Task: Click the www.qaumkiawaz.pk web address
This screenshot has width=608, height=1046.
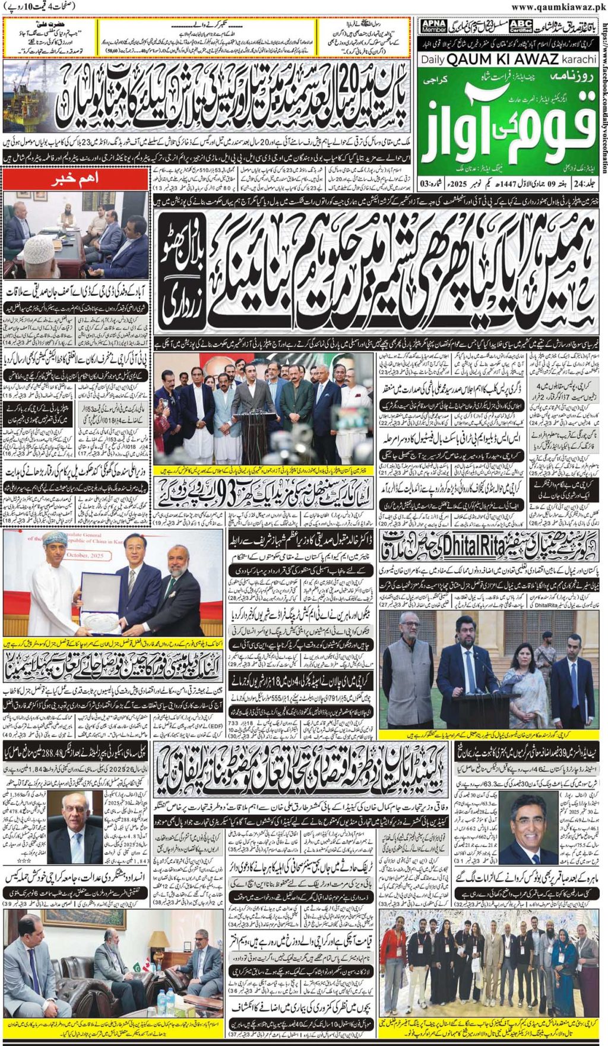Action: [x=558, y=7]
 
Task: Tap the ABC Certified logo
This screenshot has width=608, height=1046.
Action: [x=520, y=27]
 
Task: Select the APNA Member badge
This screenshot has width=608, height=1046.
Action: [x=433, y=26]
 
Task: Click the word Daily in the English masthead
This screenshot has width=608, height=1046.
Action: [x=432, y=60]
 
